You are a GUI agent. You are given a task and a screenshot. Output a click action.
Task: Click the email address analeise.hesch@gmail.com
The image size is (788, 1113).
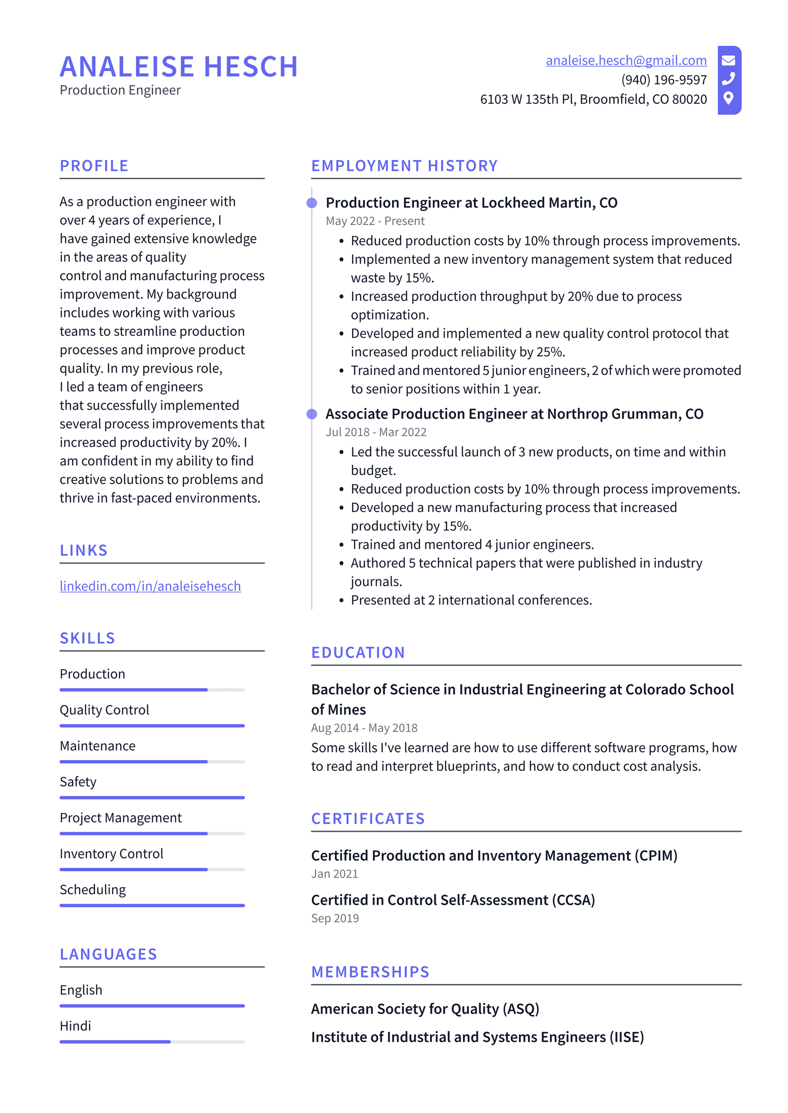625,60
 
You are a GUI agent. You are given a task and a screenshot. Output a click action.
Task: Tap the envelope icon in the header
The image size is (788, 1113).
728,61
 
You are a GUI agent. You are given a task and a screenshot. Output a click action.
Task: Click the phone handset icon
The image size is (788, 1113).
728,79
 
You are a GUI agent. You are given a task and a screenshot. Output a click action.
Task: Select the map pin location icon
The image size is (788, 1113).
728,98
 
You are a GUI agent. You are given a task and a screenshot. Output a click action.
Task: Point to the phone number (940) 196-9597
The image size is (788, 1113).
663,80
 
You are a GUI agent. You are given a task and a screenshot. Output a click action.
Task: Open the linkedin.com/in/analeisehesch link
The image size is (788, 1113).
150,586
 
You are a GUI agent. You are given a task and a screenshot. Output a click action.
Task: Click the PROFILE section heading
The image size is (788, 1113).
94,166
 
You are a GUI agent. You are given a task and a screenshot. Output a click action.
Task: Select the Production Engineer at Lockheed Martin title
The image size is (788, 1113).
471,203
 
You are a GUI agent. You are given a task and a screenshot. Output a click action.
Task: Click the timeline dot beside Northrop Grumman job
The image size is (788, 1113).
312,414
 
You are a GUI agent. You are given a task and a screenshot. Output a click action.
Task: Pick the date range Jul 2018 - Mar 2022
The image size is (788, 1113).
376,432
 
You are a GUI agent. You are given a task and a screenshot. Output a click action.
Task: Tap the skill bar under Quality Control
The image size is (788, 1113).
152,726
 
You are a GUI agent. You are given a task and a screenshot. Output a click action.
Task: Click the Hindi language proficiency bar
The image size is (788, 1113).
152,1042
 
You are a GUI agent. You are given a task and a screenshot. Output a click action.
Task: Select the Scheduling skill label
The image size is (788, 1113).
93,890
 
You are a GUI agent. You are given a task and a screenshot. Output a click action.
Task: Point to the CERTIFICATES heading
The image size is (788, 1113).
367,819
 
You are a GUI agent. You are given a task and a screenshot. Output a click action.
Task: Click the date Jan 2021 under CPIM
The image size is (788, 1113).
334,874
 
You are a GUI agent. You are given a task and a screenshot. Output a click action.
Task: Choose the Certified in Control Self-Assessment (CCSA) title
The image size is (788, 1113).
453,900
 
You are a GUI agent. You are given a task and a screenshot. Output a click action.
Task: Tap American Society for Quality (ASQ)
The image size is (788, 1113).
425,1009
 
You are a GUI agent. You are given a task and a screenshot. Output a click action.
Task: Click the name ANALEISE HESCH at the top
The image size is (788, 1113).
179,67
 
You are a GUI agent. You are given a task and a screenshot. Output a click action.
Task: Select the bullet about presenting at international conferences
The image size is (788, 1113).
471,600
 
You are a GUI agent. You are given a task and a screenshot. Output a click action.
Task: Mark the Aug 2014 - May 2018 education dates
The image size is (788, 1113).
364,728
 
